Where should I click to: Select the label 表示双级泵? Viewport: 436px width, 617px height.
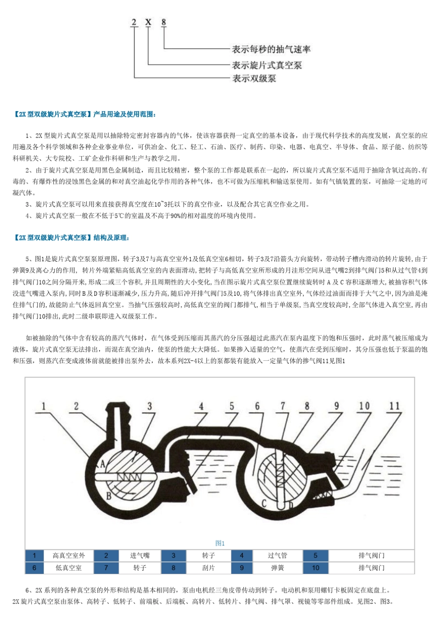point(254,79)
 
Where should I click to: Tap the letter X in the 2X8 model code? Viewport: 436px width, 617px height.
point(148,22)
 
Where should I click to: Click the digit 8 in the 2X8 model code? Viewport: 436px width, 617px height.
point(163,22)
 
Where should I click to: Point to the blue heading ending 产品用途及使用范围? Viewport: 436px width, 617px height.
point(85,114)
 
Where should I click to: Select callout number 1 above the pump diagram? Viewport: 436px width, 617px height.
point(44,406)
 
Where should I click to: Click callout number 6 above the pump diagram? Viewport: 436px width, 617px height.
point(257,406)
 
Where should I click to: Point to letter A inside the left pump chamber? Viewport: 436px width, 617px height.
point(102,464)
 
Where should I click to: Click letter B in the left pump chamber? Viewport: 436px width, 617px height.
point(109,496)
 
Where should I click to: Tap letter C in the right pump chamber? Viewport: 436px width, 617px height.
point(264,504)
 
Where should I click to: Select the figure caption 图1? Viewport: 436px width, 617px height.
point(220,543)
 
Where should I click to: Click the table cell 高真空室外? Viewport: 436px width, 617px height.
point(69,555)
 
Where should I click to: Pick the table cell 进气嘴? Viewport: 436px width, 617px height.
point(140,555)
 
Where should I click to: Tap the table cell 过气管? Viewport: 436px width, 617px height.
point(277,555)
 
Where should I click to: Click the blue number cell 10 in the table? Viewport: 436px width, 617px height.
point(315,568)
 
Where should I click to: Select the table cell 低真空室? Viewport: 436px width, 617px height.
point(69,568)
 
